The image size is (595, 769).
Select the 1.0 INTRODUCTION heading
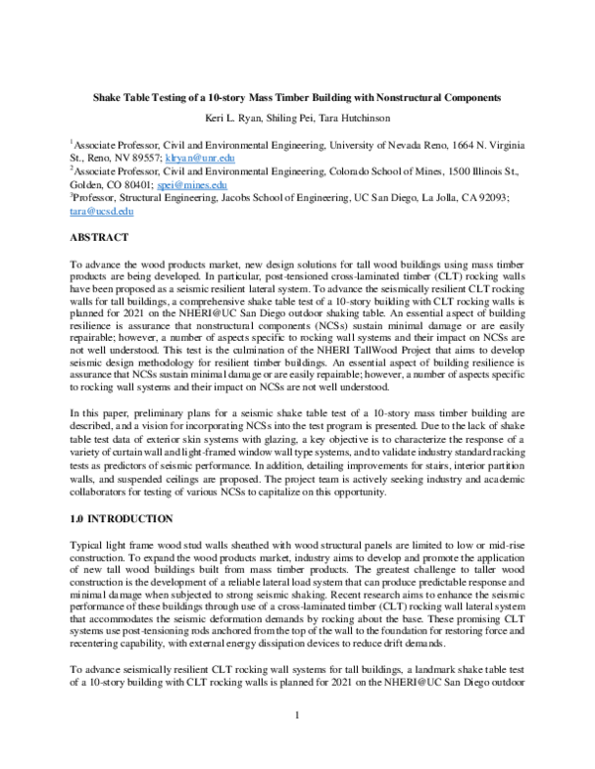click(124, 519)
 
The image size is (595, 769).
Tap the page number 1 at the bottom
click(297, 741)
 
